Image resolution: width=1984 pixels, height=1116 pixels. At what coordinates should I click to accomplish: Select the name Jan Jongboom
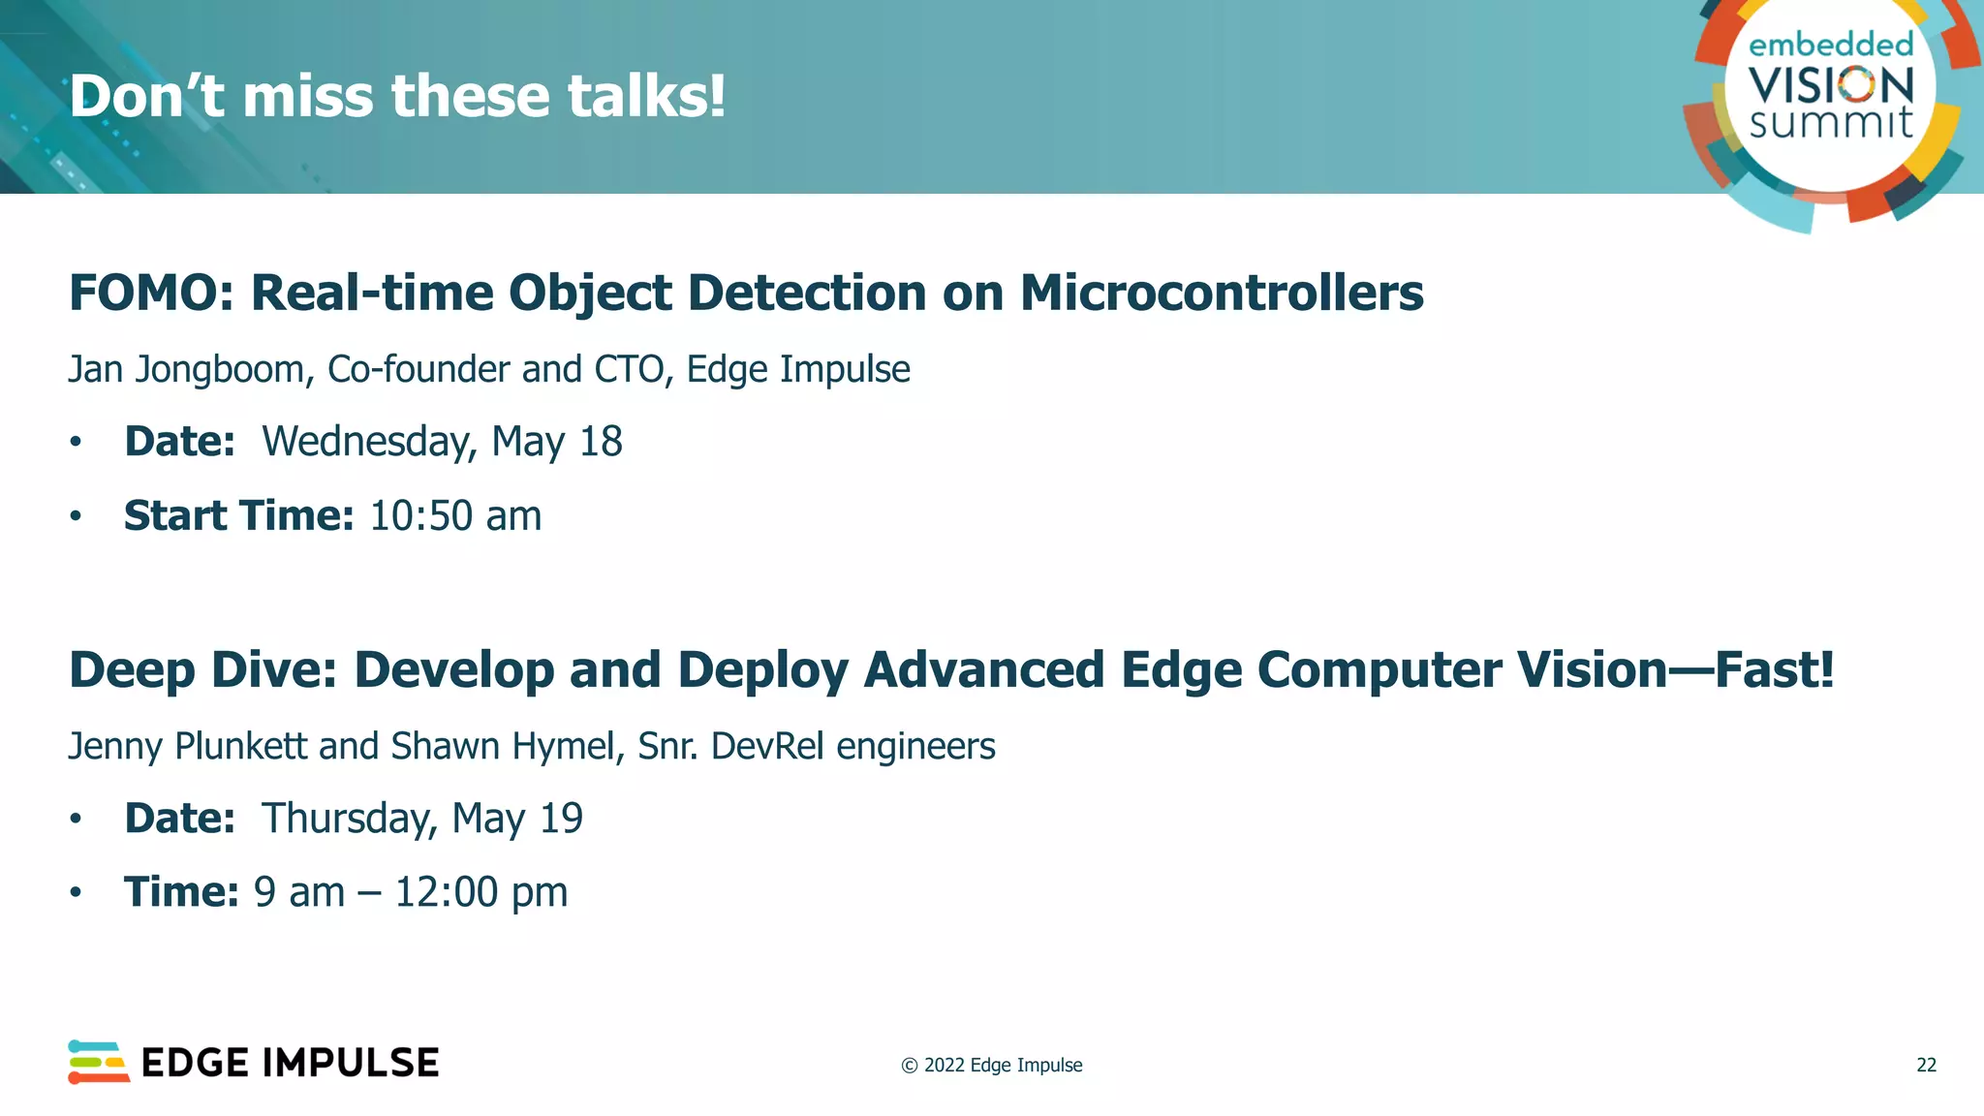click(x=186, y=370)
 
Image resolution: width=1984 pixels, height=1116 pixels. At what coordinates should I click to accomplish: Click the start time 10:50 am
click(x=455, y=516)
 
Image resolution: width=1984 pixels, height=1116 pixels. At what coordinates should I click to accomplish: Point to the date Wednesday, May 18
click(x=442, y=443)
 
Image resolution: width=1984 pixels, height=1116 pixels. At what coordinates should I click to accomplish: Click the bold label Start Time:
click(x=238, y=516)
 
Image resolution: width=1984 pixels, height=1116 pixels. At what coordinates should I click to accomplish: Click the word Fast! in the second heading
click(x=1775, y=670)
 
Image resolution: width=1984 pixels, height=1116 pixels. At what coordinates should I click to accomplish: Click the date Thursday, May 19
click(x=422, y=820)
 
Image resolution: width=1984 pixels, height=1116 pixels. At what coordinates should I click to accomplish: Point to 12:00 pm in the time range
click(x=481, y=893)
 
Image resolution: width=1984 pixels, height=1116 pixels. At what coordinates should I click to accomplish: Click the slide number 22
click(x=1926, y=1066)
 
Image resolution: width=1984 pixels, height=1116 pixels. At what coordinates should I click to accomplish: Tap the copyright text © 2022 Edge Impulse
click(x=992, y=1066)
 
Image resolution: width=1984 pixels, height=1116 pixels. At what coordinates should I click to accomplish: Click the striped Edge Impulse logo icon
click(x=98, y=1063)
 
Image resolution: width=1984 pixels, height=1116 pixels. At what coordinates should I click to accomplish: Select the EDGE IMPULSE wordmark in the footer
click(x=290, y=1064)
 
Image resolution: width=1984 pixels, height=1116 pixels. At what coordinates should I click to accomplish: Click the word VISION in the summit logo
click(x=1831, y=85)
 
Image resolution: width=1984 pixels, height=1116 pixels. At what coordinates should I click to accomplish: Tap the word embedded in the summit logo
click(x=1831, y=45)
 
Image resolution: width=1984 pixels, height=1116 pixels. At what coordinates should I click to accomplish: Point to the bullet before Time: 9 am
click(x=76, y=893)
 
